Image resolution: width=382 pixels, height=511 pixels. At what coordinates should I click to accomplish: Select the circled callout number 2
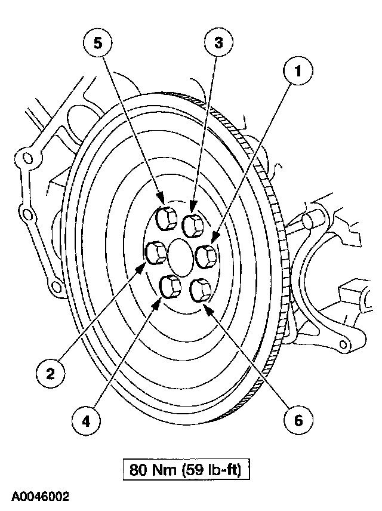(x=51, y=373)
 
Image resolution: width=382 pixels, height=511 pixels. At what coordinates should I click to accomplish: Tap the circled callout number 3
(x=218, y=42)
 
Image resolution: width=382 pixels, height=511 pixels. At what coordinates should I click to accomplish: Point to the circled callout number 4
(x=86, y=420)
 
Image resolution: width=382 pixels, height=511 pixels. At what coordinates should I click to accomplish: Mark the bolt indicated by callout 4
(x=172, y=288)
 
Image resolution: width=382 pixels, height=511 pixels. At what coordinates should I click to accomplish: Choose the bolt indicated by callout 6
(x=199, y=291)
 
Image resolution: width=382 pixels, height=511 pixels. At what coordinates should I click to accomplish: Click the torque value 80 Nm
(x=150, y=470)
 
